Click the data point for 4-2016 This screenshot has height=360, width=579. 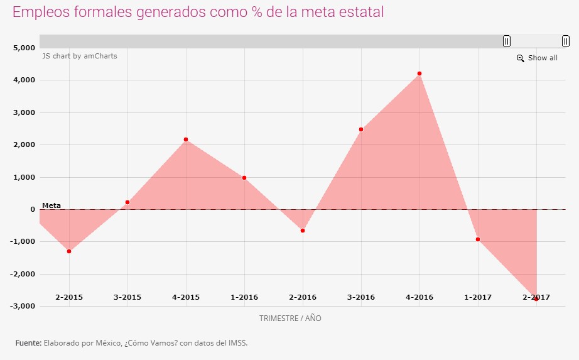419,74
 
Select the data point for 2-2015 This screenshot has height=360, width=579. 69,251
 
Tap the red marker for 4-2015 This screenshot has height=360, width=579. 186,139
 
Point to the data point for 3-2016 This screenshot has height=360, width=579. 361,129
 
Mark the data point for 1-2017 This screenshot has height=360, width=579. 478,239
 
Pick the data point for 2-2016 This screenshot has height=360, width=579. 303,231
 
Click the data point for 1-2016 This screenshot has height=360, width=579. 244,178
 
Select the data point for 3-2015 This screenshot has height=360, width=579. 127,202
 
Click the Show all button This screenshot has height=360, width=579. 537,58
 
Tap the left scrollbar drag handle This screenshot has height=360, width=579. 507,41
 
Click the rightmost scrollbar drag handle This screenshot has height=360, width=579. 566,41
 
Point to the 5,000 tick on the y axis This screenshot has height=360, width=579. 24,48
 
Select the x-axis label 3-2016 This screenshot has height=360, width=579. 361,297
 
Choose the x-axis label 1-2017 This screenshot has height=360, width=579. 478,297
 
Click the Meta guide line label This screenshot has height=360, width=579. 51,205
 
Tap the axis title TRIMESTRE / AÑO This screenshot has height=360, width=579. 290,319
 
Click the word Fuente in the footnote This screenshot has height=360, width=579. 28,343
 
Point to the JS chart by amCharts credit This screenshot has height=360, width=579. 80,56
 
